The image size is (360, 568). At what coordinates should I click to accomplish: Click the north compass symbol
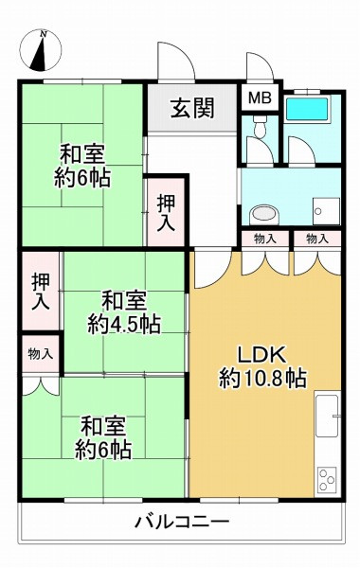click(x=41, y=50)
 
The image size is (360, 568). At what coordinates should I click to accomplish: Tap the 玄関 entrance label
click(x=192, y=108)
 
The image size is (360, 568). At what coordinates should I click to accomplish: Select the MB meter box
click(x=260, y=98)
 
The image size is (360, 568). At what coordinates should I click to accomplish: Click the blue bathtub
click(x=307, y=108)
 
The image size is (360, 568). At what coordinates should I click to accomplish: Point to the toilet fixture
click(x=260, y=127)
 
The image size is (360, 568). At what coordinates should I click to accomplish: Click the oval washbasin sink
click(x=265, y=214)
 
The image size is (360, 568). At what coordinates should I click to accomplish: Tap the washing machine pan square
click(x=327, y=211)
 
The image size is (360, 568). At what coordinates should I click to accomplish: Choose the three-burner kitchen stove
click(x=327, y=479)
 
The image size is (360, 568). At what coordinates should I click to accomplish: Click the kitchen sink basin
click(x=327, y=416)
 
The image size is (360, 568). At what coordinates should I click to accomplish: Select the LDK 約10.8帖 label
click(x=262, y=367)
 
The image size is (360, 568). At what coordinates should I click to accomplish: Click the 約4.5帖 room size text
click(x=124, y=324)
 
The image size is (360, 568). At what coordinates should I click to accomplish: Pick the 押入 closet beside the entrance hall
click(x=167, y=212)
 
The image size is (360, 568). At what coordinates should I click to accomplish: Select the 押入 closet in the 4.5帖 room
click(x=41, y=292)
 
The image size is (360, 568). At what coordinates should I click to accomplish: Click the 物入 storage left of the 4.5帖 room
click(x=41, y=353)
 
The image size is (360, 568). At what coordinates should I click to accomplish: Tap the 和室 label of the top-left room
click(x=82, y=153)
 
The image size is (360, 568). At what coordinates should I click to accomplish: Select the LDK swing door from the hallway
click(x=212, y=269)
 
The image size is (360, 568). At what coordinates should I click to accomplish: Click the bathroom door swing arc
click(x=301, y=150)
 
